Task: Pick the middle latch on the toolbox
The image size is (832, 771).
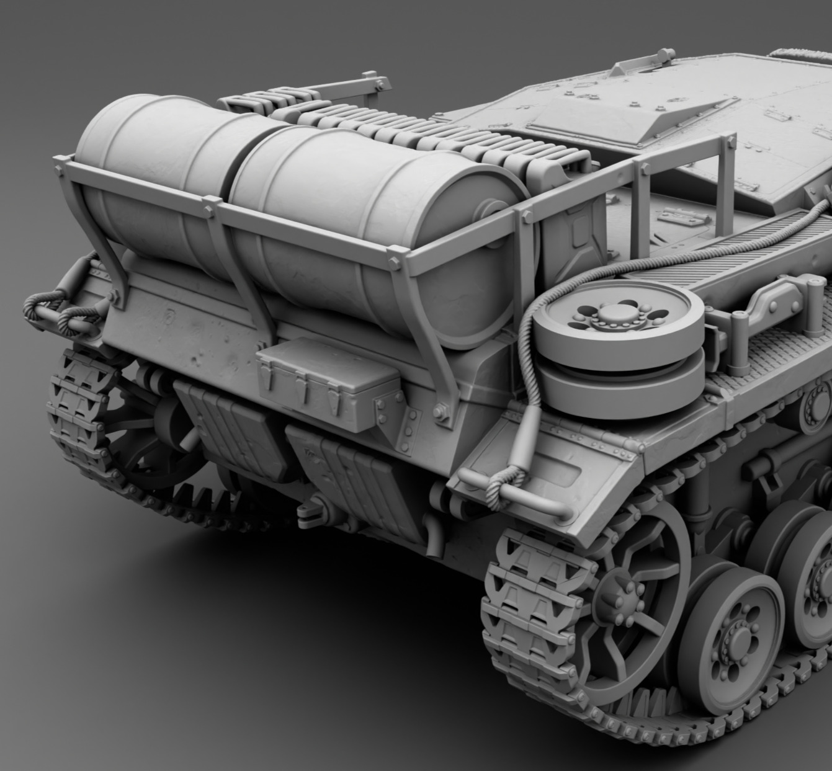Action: coord(302,390)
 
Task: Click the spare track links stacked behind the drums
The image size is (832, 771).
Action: coord(372,124)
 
